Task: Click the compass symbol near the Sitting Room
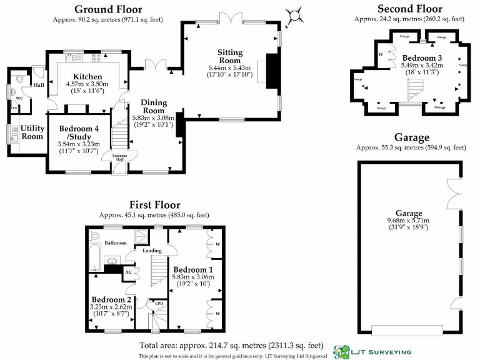pyautogui.click(x=292, y=14)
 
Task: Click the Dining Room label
pyautogui.click(x=153, y=107)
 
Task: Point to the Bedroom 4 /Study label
pyautogui.click(x=79, y=133)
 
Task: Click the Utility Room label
pyautogui.click(x=32, y=132)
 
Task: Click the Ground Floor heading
pyautogui.click(x=108, y=9)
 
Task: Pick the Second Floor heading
pyautogui.click(x=409, y=9)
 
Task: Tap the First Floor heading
pyautogui.click(x=154, y=205)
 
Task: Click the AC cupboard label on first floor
pyautogui.click(x=127, y=272)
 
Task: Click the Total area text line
pyautogui.click(x=231, y=345)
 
